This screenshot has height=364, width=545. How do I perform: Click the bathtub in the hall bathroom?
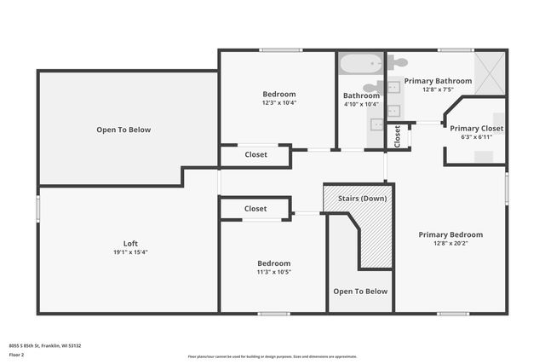tap(360, 65)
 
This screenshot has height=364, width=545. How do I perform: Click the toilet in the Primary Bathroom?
tap(398, 61)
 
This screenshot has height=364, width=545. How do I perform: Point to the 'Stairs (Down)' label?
tap(362, 199)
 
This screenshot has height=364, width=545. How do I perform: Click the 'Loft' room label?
tap(130, 242)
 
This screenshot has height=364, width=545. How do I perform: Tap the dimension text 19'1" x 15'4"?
tap(130, 252)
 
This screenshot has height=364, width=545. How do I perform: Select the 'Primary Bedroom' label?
tap(450, 234)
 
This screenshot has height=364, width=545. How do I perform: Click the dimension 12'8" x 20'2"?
tap(450, 244)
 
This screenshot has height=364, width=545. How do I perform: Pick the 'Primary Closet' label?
tap(476, 129)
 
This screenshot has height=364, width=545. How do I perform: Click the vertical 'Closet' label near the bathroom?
tap(397, 136)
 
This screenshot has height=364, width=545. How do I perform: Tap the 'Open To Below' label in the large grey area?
tap(123, 130)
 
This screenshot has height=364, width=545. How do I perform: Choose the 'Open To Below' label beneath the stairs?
tap(360, 292)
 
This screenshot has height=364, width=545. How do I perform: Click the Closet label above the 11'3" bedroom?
tap(255, 209)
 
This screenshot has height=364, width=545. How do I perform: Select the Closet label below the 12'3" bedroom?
tap(255, 155)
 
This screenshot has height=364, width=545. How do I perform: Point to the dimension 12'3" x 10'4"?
tap(279, 103)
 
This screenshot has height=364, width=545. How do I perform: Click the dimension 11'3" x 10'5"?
tap(274, 273)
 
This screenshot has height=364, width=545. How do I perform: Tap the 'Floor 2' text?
tap(17, 355)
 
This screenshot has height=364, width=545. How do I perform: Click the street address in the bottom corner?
tap(45, 345)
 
